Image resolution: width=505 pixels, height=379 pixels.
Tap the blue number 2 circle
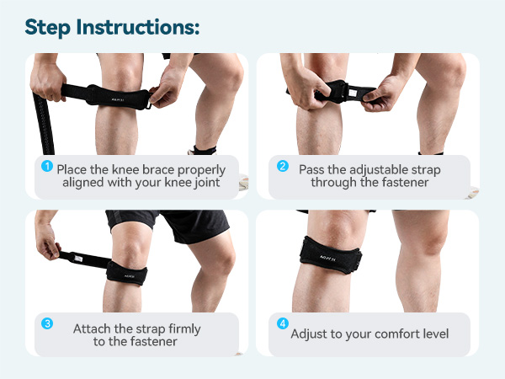(282, 165)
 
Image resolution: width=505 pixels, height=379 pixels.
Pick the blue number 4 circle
(282, 324)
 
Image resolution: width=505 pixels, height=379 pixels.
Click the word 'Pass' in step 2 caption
(313, 168)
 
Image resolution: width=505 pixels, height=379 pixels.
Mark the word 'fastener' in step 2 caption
(399, 183)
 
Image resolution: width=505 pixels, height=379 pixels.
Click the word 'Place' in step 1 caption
(77, 168)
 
